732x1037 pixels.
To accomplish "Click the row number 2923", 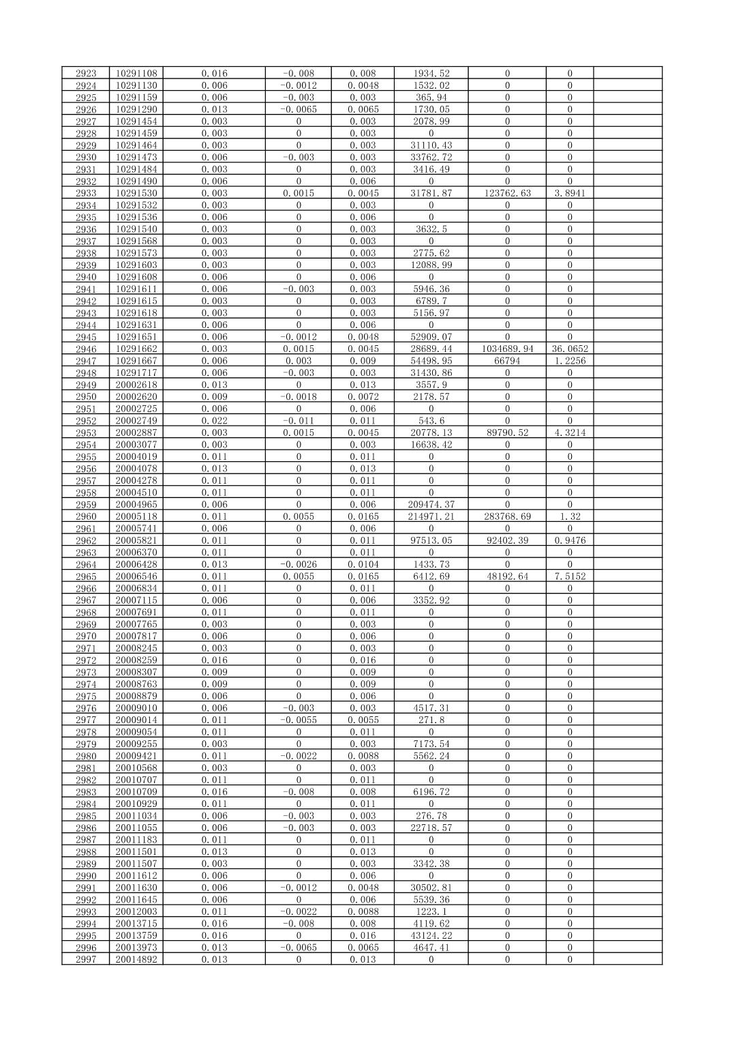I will [86, 73].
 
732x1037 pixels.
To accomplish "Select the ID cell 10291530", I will [136, 193].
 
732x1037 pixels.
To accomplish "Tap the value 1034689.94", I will [507, 349].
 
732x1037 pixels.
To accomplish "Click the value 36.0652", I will [570, 349].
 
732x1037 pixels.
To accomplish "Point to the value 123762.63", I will [507, 193].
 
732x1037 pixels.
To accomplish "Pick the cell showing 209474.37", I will [431, 504].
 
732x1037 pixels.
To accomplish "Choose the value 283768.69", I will [507, 516].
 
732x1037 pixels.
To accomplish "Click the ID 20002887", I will [136, 433].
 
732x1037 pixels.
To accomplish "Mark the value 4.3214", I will [570, 433].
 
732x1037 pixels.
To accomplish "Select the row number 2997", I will [86, 959].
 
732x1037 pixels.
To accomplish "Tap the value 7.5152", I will [570, 576].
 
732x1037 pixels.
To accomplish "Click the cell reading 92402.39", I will [507, 540].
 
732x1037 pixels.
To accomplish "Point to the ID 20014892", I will [136, 959].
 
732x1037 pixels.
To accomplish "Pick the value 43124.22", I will [431, 935].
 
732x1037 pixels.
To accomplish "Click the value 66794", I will [507, 361].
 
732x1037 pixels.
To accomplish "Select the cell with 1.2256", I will [570, 361].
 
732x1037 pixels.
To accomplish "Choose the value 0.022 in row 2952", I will [214, 421].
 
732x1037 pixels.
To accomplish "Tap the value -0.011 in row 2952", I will [299, 421].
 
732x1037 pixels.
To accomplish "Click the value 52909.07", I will [431, 337].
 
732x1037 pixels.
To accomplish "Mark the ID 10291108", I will [136, 73].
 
